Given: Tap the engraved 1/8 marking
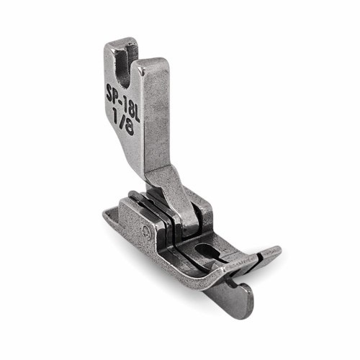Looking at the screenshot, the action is click(124, 122).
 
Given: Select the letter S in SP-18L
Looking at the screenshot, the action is click(109, 94).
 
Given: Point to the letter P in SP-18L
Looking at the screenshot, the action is click(117, 98).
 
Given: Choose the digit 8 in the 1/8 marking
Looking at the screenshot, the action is click(130, 129).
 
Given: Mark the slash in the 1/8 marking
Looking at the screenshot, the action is click(122, 122).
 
